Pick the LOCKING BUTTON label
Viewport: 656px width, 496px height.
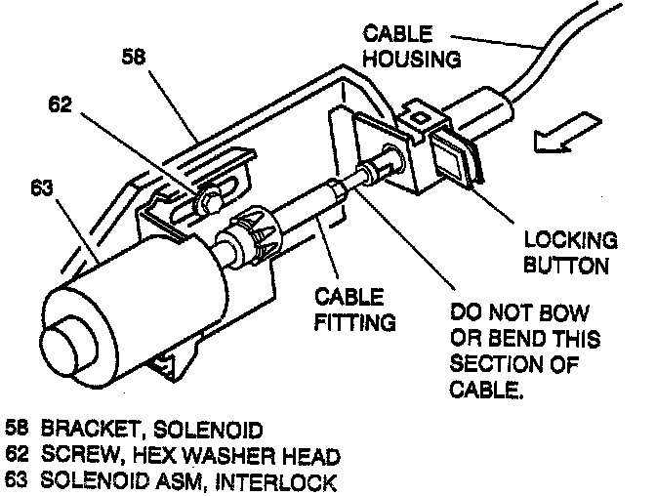(x=570, y=252)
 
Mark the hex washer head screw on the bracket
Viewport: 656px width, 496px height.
(x=207, y=201)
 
